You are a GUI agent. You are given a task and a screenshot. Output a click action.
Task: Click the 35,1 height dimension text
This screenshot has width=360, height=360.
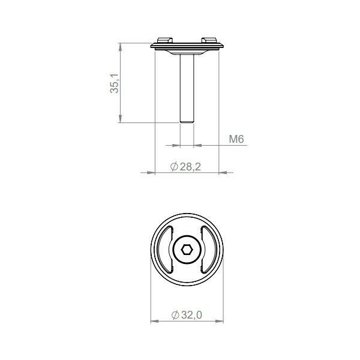pos(115,83)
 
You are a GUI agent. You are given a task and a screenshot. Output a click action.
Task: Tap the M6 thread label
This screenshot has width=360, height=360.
pos(236,139)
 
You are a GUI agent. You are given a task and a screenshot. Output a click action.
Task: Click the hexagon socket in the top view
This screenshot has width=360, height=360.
pos(187,250)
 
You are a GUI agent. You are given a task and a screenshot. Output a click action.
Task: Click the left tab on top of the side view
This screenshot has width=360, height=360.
pos(165,40)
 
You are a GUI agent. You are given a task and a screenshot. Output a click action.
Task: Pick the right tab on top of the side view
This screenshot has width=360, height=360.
pos(209,40)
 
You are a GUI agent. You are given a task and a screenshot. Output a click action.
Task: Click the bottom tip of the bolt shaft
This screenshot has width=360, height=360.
pos(187,122)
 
